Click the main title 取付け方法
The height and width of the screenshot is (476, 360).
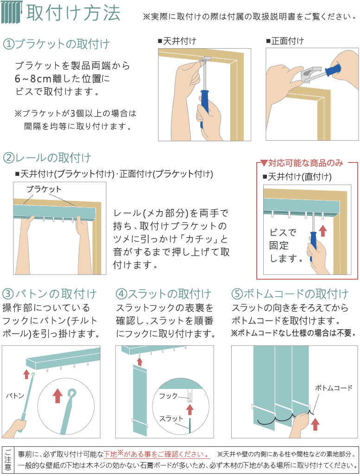pyautogui.click(x=73, y=13)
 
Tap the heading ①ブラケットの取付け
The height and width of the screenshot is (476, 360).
pyautogui.click(x=56, y=44)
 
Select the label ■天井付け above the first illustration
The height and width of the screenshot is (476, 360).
pyautogui.click(x=177, y=41)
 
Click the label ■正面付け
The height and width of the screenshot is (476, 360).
pyautogui.click(x=285, y=41)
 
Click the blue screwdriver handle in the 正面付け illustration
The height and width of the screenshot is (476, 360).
pyautogui.click(x=333, y=69)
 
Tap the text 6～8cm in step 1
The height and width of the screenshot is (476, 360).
pyautogui.click(x=33, y=79)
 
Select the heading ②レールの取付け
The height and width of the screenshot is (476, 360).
pyautogui.click(x=47, y=158)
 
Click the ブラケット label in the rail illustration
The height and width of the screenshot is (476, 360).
pyautogui.click(x=44, y=189)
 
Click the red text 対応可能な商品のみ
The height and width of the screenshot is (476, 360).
pyautogui.click(x=305, y=163)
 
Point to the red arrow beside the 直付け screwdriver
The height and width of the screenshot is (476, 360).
pyautogui.click(x=323, y=231)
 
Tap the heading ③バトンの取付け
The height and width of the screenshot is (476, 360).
pyautogui.click(x=50, y=294)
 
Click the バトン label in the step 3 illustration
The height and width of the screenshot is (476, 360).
pyautogui.click(x=15, y=395)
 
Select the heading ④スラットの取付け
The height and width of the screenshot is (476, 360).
pyautogui.click(x=164, y=294)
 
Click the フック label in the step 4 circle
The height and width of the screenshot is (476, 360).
pyautogui.click(x=168, y=396)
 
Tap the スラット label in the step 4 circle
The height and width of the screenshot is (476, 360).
pyautogui.click(x=171, y=419)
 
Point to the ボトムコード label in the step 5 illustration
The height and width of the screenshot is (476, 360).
pyautogui.click(x=334, y=388)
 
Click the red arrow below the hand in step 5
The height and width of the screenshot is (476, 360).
pyautogui.click(x=316, y=424)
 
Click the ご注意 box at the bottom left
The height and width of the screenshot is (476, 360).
pyautogui.click(x=8, y=459)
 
